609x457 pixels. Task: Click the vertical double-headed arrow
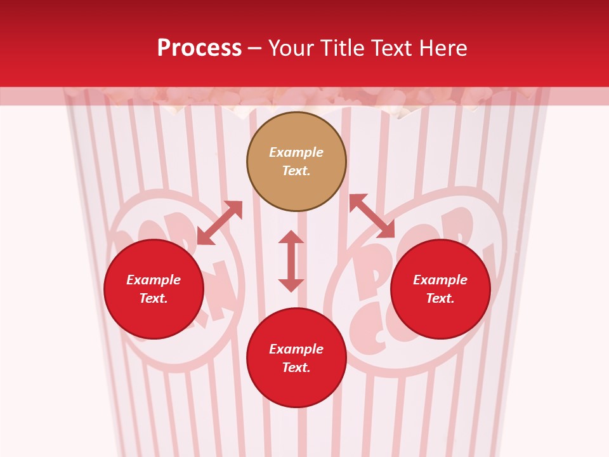291,261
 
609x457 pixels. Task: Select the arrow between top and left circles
219,223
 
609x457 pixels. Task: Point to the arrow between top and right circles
372,216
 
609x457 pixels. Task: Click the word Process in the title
199,48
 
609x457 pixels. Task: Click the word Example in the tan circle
296,152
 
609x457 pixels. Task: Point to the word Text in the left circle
154,298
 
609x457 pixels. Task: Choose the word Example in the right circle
440,280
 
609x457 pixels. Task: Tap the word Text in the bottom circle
296,368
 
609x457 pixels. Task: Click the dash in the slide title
255,48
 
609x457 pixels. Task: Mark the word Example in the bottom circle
296,349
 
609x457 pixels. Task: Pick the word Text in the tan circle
296,171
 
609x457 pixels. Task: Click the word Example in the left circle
154,280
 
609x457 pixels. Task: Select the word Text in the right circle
440,298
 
